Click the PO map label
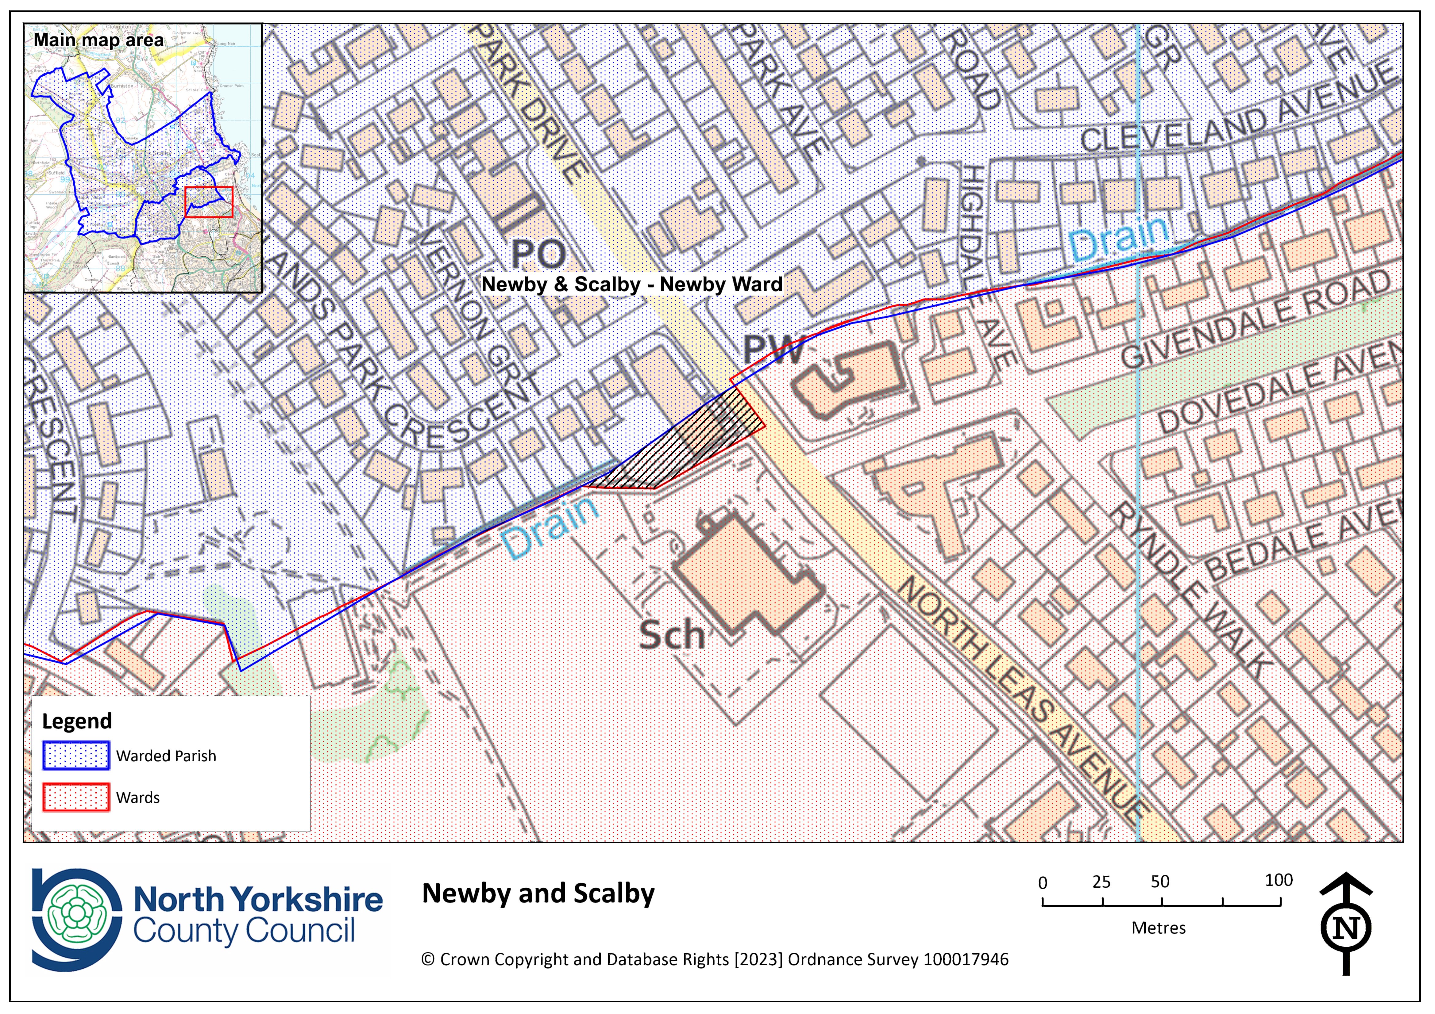pyautogui.click(x=539, y=254)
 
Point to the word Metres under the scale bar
pyautogui.click(x=1158, y=928)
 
